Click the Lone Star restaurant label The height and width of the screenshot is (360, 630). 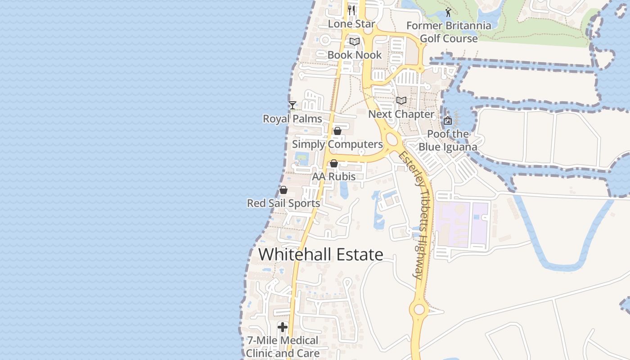coord(351,24)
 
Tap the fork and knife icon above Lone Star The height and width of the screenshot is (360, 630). coord(351,10)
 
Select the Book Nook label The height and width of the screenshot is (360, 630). coord(355,55)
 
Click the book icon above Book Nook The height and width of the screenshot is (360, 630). coord(355,42)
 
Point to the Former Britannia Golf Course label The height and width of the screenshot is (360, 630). coord(449,32)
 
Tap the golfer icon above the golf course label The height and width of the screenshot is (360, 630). coord(448,12)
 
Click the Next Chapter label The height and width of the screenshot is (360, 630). coord(401,114)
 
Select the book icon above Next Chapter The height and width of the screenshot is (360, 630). coord(401,101)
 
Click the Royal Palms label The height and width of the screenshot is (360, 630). coord(292,119)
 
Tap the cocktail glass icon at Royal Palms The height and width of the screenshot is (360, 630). coord(292,105)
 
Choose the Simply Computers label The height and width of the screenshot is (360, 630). coord(337,144)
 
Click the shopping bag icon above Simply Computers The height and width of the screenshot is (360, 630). coord(337,131)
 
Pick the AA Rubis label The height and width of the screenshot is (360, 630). coord(334,177)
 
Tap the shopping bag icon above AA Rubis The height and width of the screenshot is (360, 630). coord(334,164)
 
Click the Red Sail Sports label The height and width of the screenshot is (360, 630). coord(283,203)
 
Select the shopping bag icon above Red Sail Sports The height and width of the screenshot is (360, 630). coord(283,190)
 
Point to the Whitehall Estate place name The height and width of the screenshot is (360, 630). coord(321,255)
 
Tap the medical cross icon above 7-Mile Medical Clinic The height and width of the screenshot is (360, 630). coord(283,327)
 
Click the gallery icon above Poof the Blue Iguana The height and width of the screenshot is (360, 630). coord(448,121)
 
